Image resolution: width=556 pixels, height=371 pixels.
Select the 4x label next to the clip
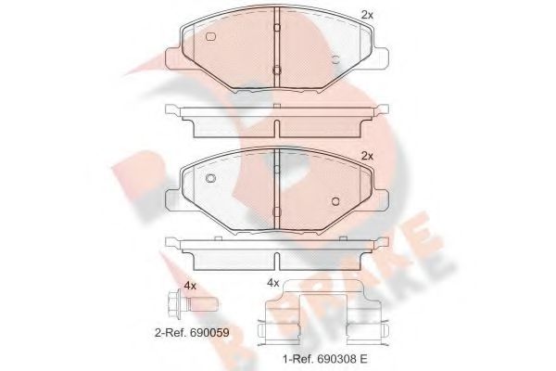point(272,282)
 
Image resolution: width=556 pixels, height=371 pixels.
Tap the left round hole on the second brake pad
point(209,178)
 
